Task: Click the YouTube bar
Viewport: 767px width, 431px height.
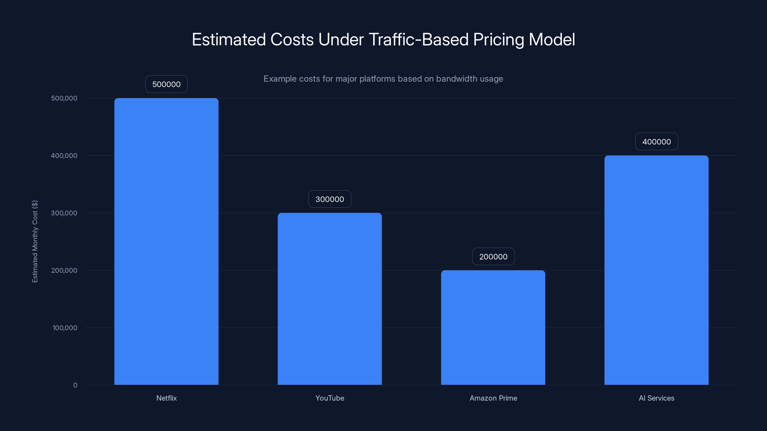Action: (330, 299)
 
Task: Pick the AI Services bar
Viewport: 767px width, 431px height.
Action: (656, 270)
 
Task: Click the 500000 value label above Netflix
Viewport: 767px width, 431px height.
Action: (166, 84)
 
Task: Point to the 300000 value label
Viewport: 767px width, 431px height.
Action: (330, 199)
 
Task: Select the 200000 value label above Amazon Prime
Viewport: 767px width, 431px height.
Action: (493, 256)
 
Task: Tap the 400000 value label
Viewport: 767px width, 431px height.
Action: (656, 142)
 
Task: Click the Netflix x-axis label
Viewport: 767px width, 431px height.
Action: (166, 398)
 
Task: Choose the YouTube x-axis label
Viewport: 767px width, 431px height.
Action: (330, 398)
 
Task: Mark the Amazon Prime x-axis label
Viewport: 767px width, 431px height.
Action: (493, 398)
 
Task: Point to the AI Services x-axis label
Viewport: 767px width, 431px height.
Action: (656, 398)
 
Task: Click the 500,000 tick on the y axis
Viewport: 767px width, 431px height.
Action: (64, 98)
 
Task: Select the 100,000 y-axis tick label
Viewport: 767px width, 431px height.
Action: (65, 328)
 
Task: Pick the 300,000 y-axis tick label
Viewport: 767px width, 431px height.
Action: (64, 213)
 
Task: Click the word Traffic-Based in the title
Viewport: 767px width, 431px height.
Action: (418, 40)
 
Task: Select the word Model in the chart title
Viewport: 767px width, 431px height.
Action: (552, 40)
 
